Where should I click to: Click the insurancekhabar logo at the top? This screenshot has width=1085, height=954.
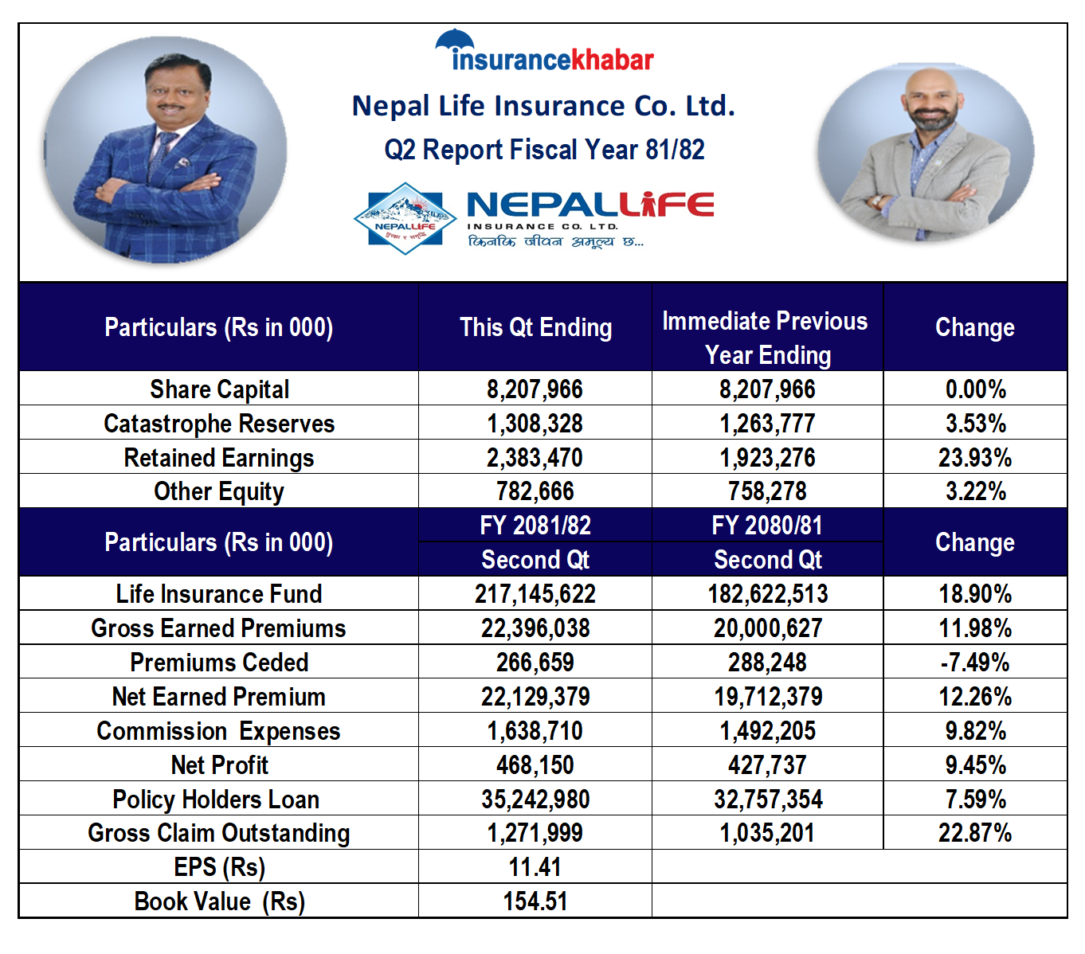544,53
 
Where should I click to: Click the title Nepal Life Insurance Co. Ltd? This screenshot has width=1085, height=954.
543,106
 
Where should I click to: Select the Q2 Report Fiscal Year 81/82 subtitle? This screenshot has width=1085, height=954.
544,150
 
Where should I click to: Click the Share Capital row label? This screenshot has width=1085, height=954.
219,389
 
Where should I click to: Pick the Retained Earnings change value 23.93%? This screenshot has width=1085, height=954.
974,458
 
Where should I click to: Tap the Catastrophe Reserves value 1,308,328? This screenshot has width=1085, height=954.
535,424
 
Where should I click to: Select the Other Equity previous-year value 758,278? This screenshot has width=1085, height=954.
767,491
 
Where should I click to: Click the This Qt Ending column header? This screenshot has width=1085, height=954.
535,327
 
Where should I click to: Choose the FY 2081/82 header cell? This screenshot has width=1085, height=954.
535,526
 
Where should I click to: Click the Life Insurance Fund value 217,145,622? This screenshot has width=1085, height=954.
535,594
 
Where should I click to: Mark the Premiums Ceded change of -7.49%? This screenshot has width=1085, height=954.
974,663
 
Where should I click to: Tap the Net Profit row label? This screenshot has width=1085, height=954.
219,765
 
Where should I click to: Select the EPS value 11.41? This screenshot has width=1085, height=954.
535,867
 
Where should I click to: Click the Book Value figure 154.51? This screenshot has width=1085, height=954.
535,901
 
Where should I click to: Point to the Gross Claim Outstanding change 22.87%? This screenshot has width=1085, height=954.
974,833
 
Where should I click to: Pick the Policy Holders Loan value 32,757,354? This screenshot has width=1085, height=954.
767,800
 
